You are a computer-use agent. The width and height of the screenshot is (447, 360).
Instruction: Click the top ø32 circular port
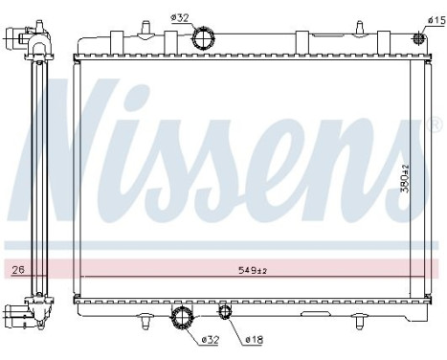(x=203, y=38)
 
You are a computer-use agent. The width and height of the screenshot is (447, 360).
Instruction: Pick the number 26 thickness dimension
(x=18, y=271)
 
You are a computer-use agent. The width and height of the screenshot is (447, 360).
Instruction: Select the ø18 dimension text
(x=254, y=339)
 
